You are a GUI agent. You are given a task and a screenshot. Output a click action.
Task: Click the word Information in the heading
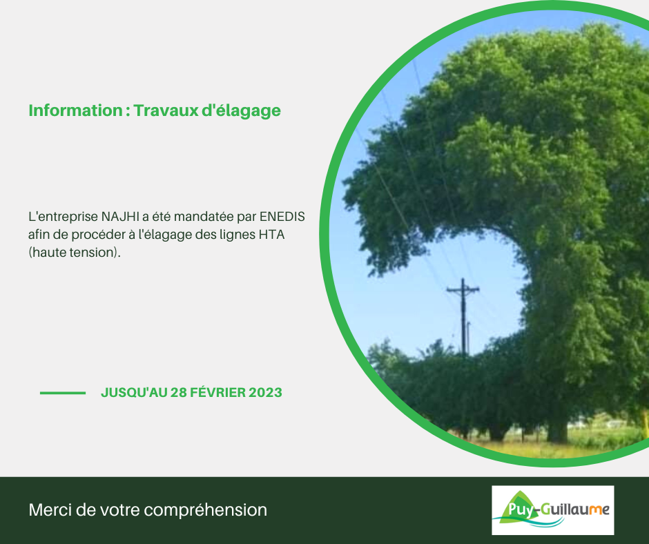pyautogui.click(x=75, y=110)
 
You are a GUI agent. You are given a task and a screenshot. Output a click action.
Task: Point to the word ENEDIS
pyautogui.click(x=282, y=217)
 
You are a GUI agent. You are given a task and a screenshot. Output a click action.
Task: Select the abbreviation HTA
pyautogui.click(x=271, y=234)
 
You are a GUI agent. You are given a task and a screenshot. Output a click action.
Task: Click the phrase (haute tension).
pyautogui.click(x=75, y=253)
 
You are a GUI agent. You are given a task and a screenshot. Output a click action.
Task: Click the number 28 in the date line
pyautogui.click(x=178, y=393)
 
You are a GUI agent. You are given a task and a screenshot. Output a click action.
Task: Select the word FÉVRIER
pyautogui.click(x=217, y=392)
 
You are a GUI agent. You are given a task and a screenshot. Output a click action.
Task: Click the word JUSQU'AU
pyautogui.click(x=134, y=393)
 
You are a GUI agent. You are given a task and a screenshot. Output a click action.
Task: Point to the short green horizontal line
pyautogui.click(x=63, y=393)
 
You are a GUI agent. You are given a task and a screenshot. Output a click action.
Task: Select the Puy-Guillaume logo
pyautogui.click(x=552, y=510)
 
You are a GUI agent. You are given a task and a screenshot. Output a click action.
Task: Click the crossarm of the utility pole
pyautogui.click(x=463, y=289)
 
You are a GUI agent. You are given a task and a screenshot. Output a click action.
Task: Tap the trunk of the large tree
pyautogui.click(x=558, y=431)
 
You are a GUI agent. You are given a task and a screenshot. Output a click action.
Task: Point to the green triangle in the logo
pyautogui.click(x=515, y=506)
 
